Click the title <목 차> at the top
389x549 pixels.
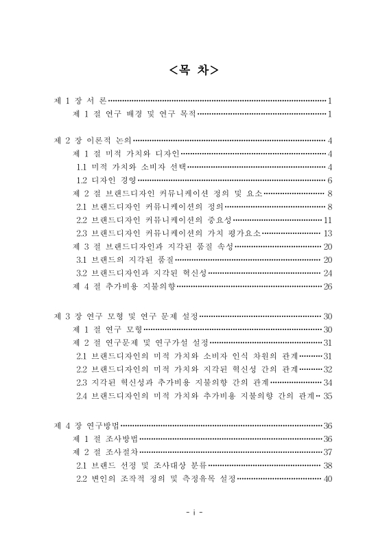194,70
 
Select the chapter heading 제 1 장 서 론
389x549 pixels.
80,100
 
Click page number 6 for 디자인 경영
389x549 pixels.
330,180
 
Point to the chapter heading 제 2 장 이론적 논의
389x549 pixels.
93,140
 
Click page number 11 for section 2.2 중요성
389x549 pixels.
328,220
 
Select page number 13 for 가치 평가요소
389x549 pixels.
328,233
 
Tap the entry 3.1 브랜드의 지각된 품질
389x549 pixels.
125,259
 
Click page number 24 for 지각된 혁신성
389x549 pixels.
327,272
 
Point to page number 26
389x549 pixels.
327,286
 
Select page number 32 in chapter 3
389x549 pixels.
327,369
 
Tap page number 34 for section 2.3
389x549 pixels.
327,382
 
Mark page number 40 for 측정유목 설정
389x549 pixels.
327,478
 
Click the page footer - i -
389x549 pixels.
194,513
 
